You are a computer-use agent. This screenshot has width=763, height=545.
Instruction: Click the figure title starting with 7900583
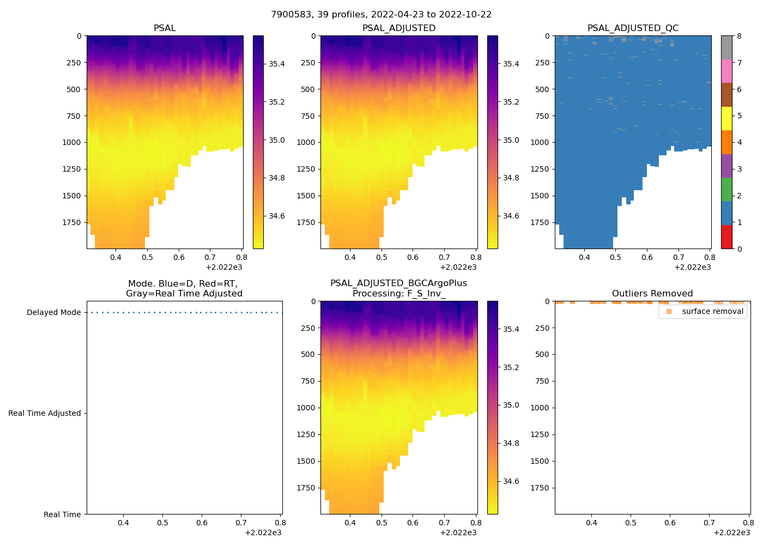click(381, 15)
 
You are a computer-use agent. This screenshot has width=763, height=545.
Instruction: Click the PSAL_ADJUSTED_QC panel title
click(633, 28)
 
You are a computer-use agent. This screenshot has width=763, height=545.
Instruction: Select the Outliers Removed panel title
click(652, 294)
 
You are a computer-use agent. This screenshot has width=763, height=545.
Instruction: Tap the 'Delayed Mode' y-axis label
click(53, 313)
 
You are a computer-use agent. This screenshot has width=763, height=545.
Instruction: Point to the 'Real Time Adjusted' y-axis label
click(45, 414)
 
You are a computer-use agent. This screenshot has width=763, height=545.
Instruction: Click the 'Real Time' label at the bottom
click(62, 514)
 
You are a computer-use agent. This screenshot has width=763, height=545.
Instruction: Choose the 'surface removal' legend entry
click(712, 312)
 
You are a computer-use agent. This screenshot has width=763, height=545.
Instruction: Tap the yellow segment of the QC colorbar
click(726, 118)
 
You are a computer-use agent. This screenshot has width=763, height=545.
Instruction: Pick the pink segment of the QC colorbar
click(726, 71)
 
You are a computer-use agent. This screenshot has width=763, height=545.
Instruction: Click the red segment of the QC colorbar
click(726, 237)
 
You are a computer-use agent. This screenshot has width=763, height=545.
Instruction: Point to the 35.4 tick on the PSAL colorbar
click(276, 64)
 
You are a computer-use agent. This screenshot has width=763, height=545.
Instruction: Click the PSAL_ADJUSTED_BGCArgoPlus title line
click(398, 283)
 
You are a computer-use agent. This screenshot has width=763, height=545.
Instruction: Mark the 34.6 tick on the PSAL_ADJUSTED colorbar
click(511, 216)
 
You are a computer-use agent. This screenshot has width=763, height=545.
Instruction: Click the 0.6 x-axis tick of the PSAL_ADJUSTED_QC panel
click(647, 258)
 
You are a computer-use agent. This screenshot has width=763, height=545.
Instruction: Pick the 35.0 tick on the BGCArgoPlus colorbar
click(511, 405)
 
